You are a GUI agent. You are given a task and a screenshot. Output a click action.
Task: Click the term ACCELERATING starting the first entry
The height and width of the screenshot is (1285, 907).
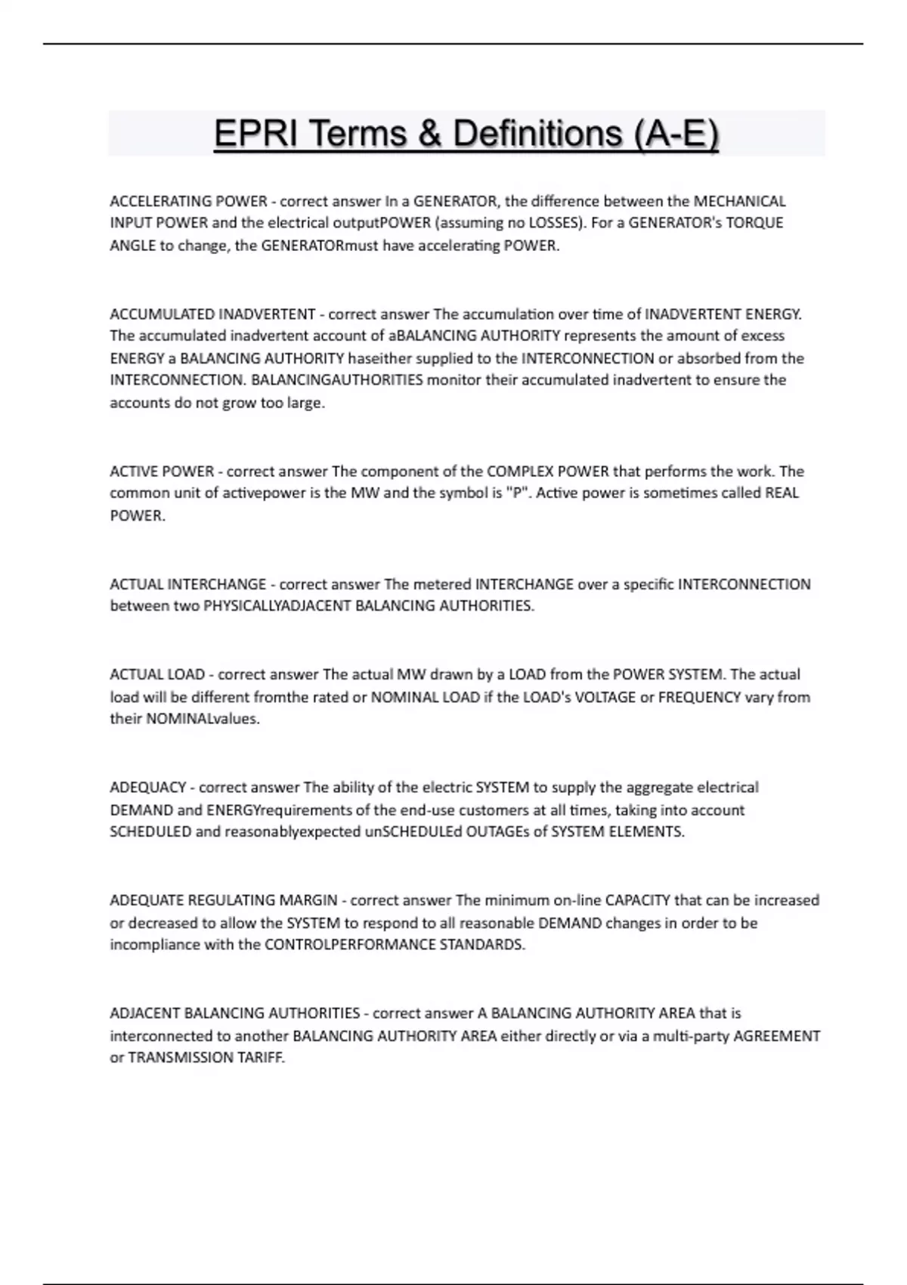point(161,201)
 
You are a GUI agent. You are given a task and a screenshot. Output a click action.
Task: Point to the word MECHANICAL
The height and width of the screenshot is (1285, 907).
point(740,201)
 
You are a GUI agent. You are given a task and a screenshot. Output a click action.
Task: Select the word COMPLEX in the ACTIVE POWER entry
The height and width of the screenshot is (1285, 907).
point(519,471)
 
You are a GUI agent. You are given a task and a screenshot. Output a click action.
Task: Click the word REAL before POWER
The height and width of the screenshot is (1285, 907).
point(782,493)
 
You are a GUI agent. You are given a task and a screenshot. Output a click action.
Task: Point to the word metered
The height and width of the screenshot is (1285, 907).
point(441,584)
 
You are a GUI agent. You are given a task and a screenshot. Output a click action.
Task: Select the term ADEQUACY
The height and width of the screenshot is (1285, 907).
point(147,788)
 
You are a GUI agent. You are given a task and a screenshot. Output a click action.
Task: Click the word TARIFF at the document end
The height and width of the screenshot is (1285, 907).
point(261,1057)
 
